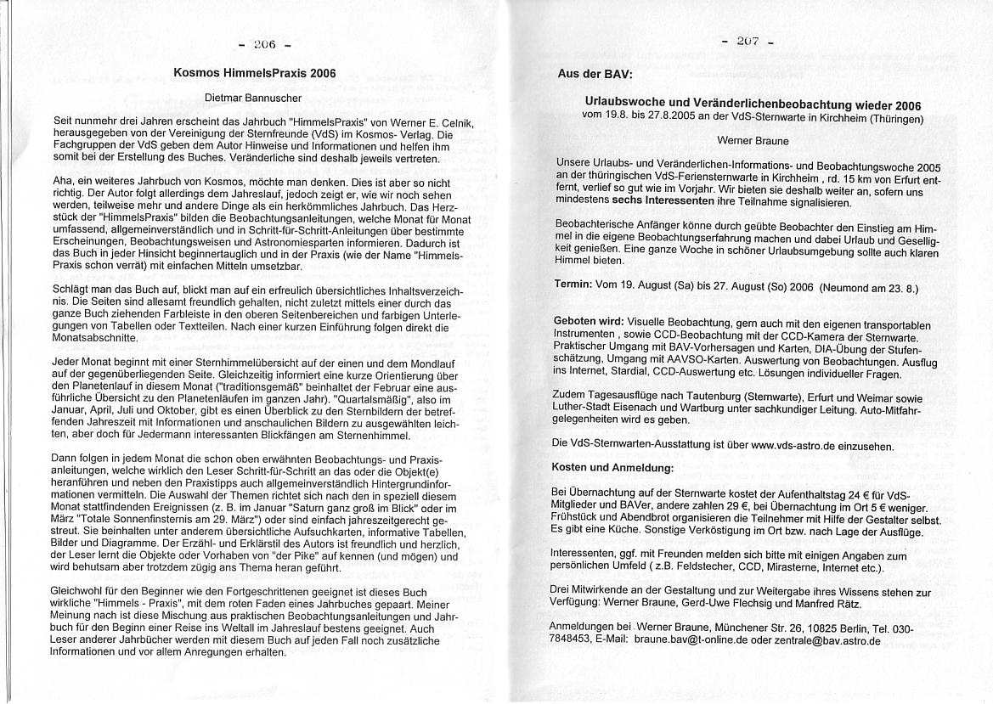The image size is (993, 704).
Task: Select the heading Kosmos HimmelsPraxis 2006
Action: tap(254, 73)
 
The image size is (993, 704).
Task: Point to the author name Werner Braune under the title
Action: tap(753, 140)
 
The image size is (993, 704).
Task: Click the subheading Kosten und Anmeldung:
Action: tap(612, 468)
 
